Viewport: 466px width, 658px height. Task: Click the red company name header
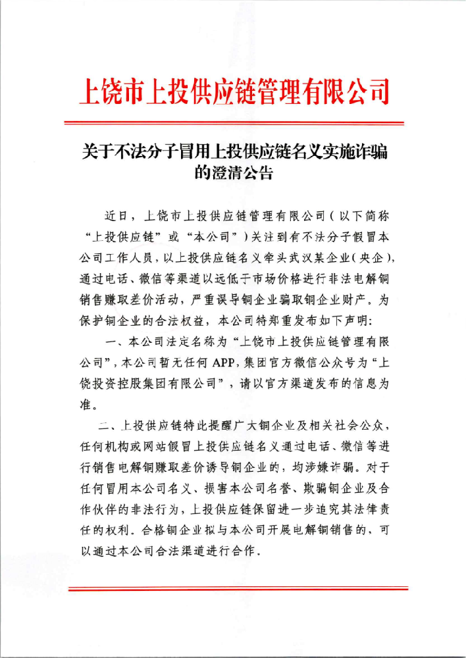(234, 92)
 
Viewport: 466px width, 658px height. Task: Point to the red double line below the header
(234, 124)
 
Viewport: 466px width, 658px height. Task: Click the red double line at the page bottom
(234, 588)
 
